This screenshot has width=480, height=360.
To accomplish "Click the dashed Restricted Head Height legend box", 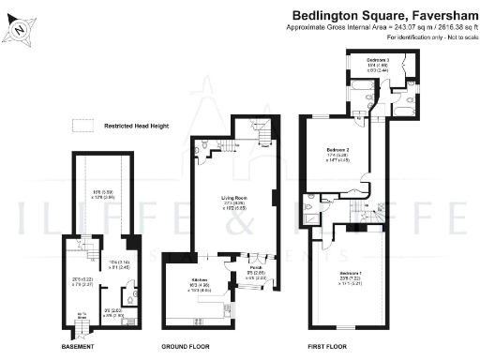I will pos(84,123).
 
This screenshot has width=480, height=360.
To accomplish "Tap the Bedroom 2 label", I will pos(337,149).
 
